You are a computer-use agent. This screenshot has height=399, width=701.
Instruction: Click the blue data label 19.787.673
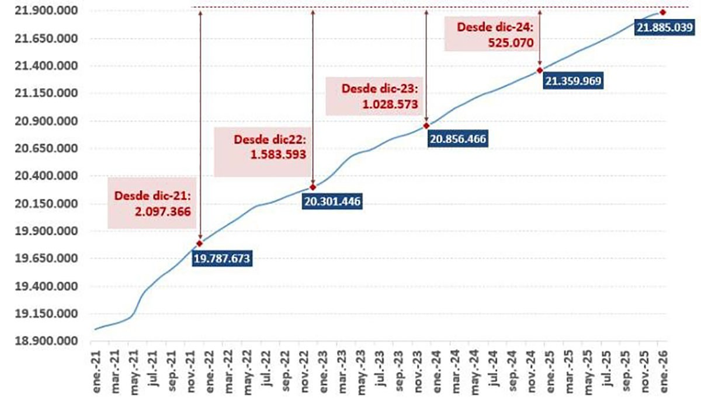coord(222,258)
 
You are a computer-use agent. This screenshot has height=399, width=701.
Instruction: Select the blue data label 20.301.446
coord(332,202)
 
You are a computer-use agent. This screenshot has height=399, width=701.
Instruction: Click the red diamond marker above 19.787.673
coord(200,243)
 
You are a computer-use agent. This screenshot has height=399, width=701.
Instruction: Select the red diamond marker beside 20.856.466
coord(426,126)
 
